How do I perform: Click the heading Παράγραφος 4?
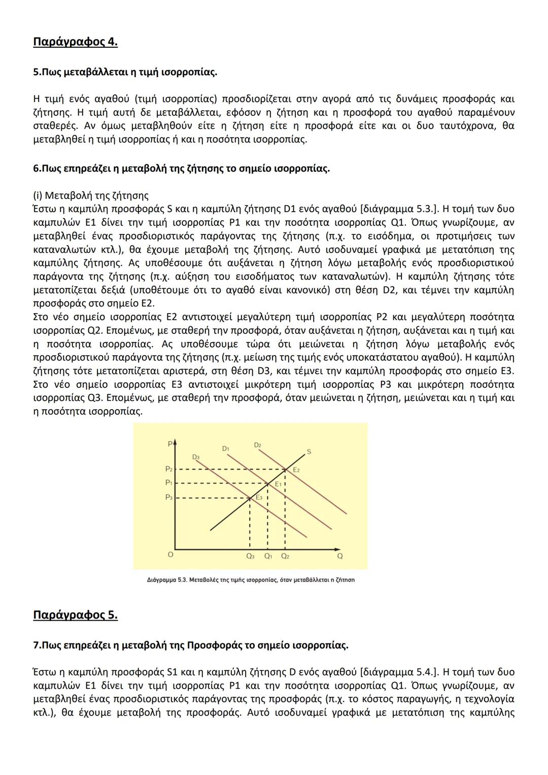coord(75,42)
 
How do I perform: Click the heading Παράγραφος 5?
coord(75,615)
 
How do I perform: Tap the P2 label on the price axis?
coord(169,469)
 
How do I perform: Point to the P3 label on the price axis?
coord(169,498)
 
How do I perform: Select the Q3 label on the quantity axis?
coord(250,556)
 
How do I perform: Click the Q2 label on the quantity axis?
coord(285,556)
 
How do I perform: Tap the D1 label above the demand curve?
coord(226,449)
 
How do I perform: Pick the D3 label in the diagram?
coord(196,457)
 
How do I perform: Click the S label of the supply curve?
coord(309,451)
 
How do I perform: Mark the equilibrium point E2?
coord(285,469)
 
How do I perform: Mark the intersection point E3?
coord(250,498)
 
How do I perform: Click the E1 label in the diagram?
coord(278,485)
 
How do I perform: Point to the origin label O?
coord(170,555)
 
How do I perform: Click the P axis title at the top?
coord(170,444)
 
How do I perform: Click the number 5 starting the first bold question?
coord(36,72)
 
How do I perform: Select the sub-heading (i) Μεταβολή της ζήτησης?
coord(91,195)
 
